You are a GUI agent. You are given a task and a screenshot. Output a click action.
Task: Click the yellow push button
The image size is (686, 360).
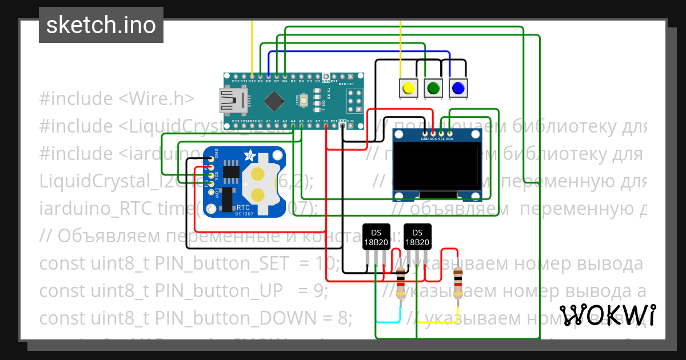coord(408,88)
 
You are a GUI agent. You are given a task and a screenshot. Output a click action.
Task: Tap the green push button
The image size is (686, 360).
coord(433,88)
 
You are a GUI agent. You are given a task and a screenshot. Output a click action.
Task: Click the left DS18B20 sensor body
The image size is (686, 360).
coord(376,237)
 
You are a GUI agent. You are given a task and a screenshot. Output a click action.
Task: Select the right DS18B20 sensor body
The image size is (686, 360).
coord(417,237)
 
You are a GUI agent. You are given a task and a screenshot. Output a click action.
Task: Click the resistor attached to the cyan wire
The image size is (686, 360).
coord(401,285)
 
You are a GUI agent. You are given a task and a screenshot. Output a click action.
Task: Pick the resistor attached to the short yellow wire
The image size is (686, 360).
coord(457,285)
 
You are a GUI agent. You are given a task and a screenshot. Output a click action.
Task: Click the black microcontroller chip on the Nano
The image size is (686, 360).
coord(275,101)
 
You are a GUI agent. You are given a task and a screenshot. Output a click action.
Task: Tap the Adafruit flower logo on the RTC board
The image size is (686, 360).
coord(250,155)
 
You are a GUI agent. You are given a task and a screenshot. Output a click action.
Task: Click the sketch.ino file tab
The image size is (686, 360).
coord(101,25)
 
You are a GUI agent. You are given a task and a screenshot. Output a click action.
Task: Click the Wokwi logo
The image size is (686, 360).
coord(607,315)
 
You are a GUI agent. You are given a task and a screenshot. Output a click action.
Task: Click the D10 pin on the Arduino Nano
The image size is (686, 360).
coord(252,75)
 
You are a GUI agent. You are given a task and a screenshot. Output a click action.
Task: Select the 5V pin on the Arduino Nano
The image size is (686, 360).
coord(325,127)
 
